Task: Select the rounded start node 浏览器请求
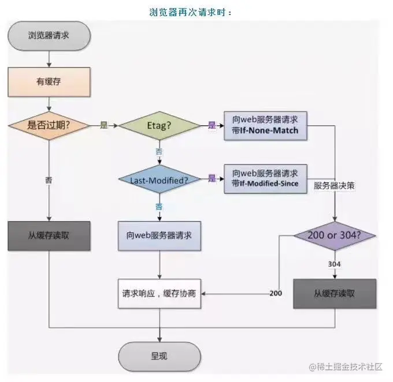tap(49, 36)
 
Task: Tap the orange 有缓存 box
tap(49, 81)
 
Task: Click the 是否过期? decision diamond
tap(49, 125)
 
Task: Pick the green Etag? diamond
tap(160, 125)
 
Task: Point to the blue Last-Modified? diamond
tap(160, 180)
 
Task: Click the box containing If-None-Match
tap(265, 125)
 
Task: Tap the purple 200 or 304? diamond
tap(335, 236)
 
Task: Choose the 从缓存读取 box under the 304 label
tap(335, 293)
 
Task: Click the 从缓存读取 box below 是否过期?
tap(49, 236)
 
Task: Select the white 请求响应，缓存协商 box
tap(160, 293)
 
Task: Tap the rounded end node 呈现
tap(160, 356)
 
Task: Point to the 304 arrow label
tap(334, 264)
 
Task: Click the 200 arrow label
tap(276, 294)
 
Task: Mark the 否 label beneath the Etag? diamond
tap(160, 151)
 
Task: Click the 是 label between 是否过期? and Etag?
tap(104, 125)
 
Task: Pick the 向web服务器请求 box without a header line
tap(160, 236)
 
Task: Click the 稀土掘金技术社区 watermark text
tap(350, 367)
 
